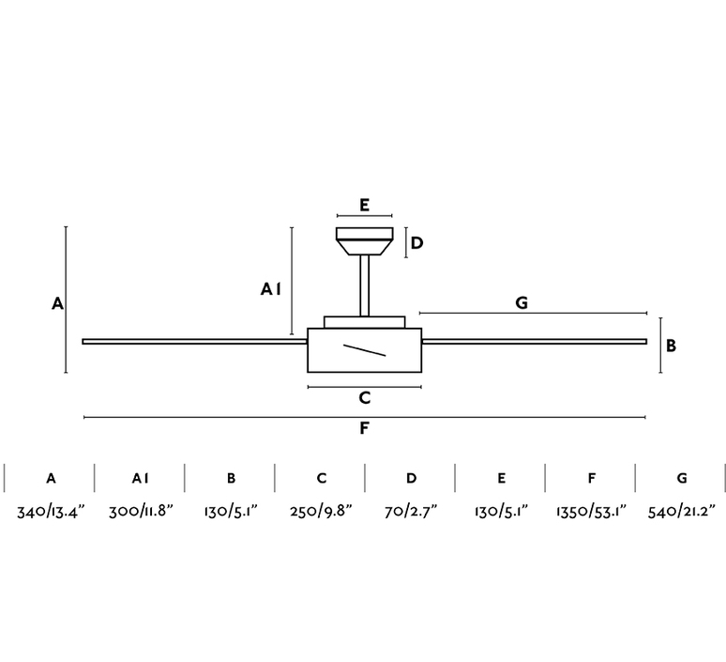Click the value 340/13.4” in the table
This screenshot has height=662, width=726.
pos(52,512)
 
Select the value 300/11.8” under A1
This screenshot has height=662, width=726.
pos(141,512)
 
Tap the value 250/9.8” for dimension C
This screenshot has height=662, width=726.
pos(322,512)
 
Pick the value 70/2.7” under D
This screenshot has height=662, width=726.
pos(411,512)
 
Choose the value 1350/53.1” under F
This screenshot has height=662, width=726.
pos(591,512)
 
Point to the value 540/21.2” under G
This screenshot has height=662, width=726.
pos(682,512)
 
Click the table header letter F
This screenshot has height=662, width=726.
pos(592,478)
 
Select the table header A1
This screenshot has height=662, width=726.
pos(141,478)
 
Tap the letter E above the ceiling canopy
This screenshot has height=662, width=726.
pos(364,205)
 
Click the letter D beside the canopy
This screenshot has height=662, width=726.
pos(416,243)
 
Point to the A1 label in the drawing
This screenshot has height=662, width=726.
pos(271,289)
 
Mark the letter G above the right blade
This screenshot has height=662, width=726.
pos(522,302)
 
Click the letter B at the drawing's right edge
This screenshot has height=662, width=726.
pos(671,346)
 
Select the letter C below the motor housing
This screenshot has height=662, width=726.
pos(365,398)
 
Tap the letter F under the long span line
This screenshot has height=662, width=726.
pos(364,428)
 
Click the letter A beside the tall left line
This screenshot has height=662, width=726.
pos(57,303)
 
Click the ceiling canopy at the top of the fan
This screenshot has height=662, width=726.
pos(364,241)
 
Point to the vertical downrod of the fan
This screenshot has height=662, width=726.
pos(364,286)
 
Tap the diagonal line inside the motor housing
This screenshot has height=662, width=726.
pos(364,350)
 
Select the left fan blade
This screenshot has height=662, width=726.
pos(195,342)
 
